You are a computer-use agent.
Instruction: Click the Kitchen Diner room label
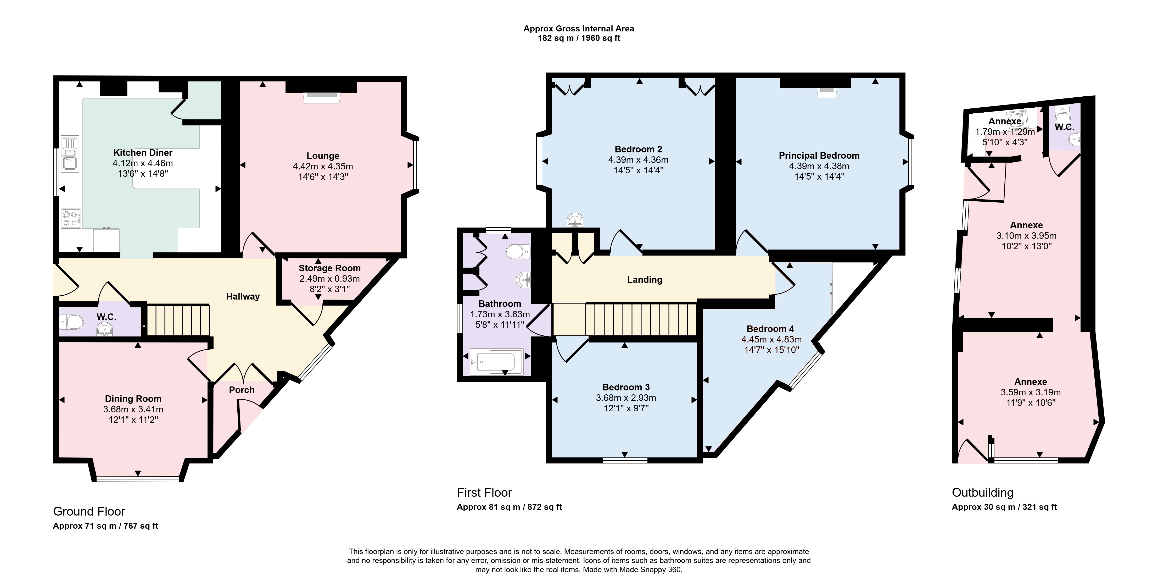pyautogui.click(x=143, y=152)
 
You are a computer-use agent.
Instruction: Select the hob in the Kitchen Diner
pyautogui.click(x=71, y=219)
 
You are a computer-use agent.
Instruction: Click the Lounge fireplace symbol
pyautogui.click(x=321, y=97)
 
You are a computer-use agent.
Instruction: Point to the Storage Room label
pyautogui.click(x=329, y=268)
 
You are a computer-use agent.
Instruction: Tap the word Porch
pyautogui.click(x=242, y=390)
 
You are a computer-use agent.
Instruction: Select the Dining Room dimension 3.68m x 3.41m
pyautogui.click(x=133, y=409)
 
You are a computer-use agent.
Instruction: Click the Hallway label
pyautogui.click(x=243, y=296)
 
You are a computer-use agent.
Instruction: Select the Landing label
pyautogui.click(x=645, y=280)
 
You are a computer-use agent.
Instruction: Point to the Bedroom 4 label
pyautogui.click(x=770, y=329)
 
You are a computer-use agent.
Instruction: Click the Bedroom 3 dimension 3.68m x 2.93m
pyautogui.click(x=626, y=397)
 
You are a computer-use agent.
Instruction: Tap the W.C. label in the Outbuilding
pyautogui.click(x=1065, y=127)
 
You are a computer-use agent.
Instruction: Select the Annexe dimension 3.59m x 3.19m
pyautogui.click(x=1031, y=392)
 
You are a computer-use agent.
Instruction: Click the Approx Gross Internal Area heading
pyautogui.click(x=579, y=28)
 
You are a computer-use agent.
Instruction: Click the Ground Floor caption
pyautogui.click(x=89, y=511)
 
